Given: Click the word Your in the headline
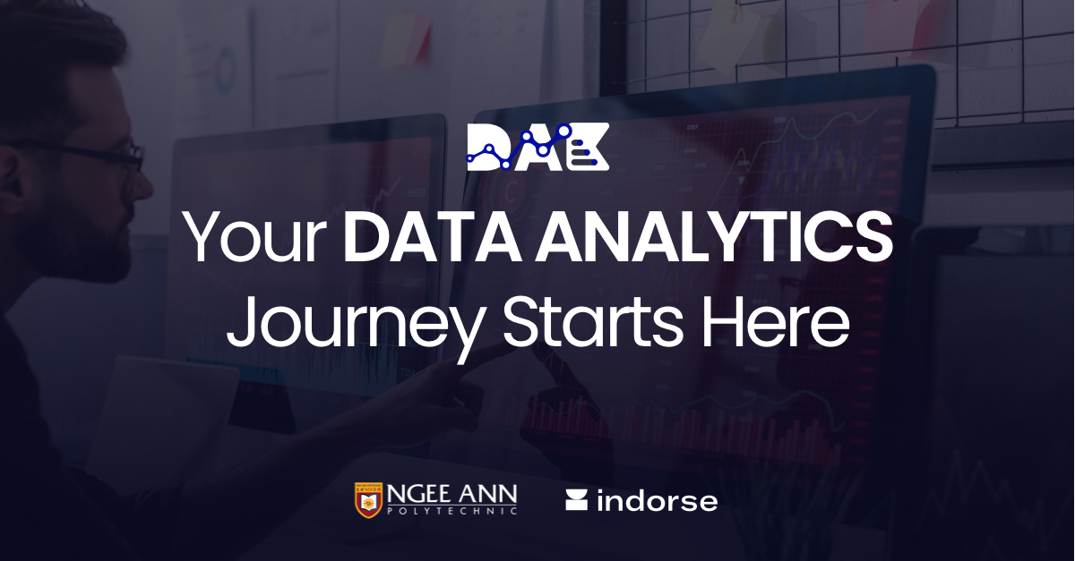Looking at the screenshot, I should click(256, 239).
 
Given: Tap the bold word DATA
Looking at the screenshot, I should click(431, 239).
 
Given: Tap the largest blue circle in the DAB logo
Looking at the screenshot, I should click(564, 131).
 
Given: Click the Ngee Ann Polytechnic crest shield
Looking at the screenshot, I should click(367, 501).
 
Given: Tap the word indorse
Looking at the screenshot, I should click(657, 501).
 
